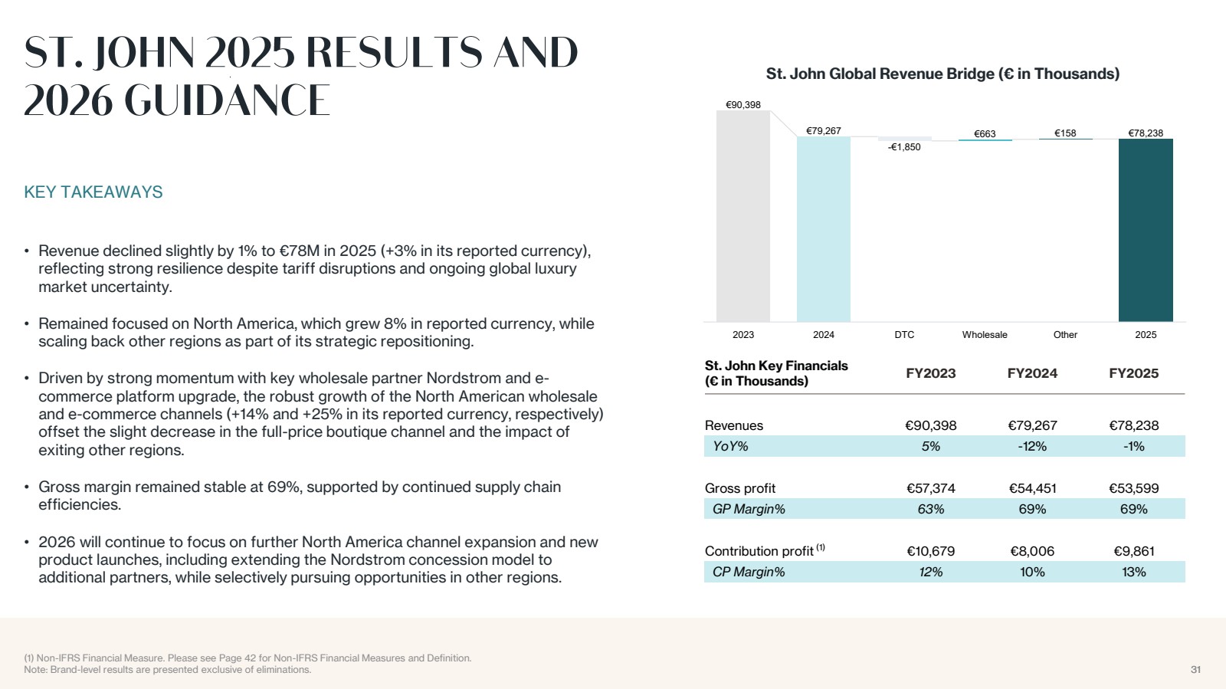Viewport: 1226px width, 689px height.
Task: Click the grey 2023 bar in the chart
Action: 742,216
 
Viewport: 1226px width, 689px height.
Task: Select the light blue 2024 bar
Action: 823,229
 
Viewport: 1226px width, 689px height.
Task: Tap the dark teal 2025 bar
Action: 1146,231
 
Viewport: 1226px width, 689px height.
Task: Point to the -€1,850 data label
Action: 904,146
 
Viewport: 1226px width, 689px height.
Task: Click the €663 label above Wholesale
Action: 985,133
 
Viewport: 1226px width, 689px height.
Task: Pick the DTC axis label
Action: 904,334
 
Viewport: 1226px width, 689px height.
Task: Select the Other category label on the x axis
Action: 1065,334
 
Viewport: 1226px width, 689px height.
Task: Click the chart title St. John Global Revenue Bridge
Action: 942,74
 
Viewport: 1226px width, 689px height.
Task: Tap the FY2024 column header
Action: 1032,373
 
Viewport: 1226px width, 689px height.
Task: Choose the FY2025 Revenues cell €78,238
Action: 1133,425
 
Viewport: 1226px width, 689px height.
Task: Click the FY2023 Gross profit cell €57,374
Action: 930,488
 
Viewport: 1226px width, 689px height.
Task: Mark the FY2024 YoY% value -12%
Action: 1032,447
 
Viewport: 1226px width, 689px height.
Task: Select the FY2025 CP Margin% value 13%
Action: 1133,572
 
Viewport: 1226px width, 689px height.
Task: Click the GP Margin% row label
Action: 749,509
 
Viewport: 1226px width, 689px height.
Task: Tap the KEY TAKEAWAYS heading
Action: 93,192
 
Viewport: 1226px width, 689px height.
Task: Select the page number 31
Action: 1196,669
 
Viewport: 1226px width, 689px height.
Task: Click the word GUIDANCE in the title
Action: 227,100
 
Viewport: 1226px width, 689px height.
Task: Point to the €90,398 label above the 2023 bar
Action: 742,104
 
